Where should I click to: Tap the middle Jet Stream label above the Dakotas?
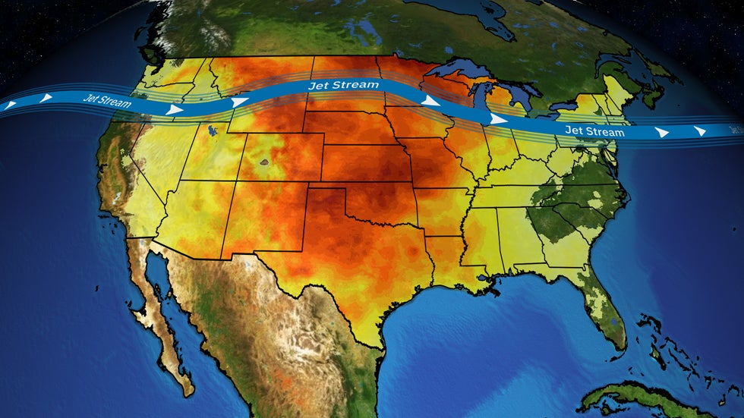[x=343, y=85]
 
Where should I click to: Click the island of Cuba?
[x=645, y=398]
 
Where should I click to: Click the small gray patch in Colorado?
[x=265, y=162]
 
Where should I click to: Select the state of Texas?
[x=357, y=266]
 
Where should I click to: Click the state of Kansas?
[x=364, y=163]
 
